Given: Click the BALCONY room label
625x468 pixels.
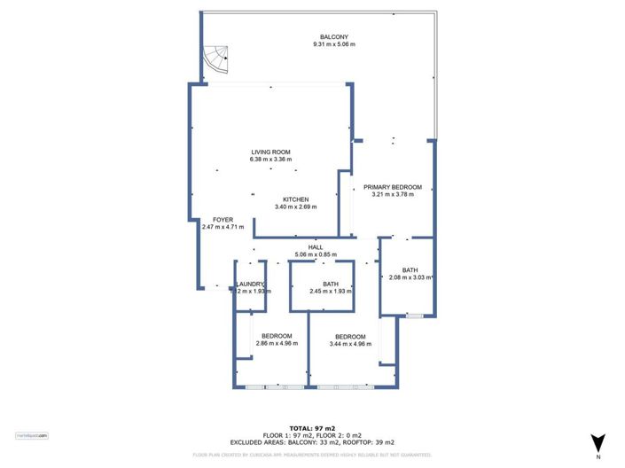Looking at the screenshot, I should point(333,36).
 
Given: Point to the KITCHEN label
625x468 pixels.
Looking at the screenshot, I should point(295,199).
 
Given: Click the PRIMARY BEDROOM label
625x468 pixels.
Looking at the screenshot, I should point(392,187).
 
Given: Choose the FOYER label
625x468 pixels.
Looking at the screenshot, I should point(222,219).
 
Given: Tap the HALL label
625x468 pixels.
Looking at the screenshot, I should point(316,247).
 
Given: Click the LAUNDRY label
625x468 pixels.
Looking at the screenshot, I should point(251,284).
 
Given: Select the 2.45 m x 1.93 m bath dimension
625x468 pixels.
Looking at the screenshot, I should point(331,292).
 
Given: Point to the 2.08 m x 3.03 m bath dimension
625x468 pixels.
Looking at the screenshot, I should point(410,277).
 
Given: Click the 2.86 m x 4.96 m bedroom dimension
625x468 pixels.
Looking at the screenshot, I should point(277,343).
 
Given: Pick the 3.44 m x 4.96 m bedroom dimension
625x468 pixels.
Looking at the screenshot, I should point(350,343).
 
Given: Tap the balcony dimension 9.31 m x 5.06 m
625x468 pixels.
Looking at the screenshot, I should point(333,44).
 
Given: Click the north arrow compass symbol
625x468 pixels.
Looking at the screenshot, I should point(598,442).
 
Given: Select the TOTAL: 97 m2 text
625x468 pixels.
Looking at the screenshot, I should point(312,428).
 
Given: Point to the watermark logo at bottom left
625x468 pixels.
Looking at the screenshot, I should point(31,435).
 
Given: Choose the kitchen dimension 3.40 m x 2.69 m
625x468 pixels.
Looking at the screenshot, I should point(295,207).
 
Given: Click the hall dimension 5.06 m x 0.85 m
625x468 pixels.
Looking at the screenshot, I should point(316,255).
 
